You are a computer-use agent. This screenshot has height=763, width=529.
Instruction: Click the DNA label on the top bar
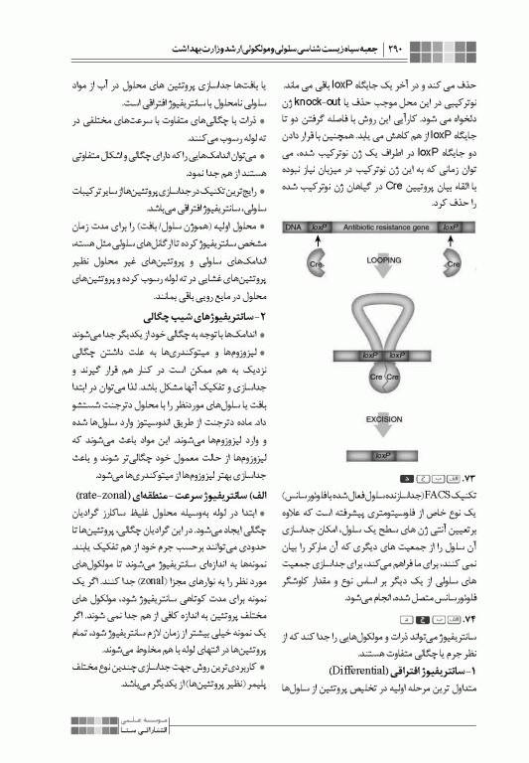pyautogui.click(x=294, y=228)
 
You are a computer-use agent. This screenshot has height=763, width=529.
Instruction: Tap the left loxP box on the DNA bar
pyautogui.click(x=319, y=228)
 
